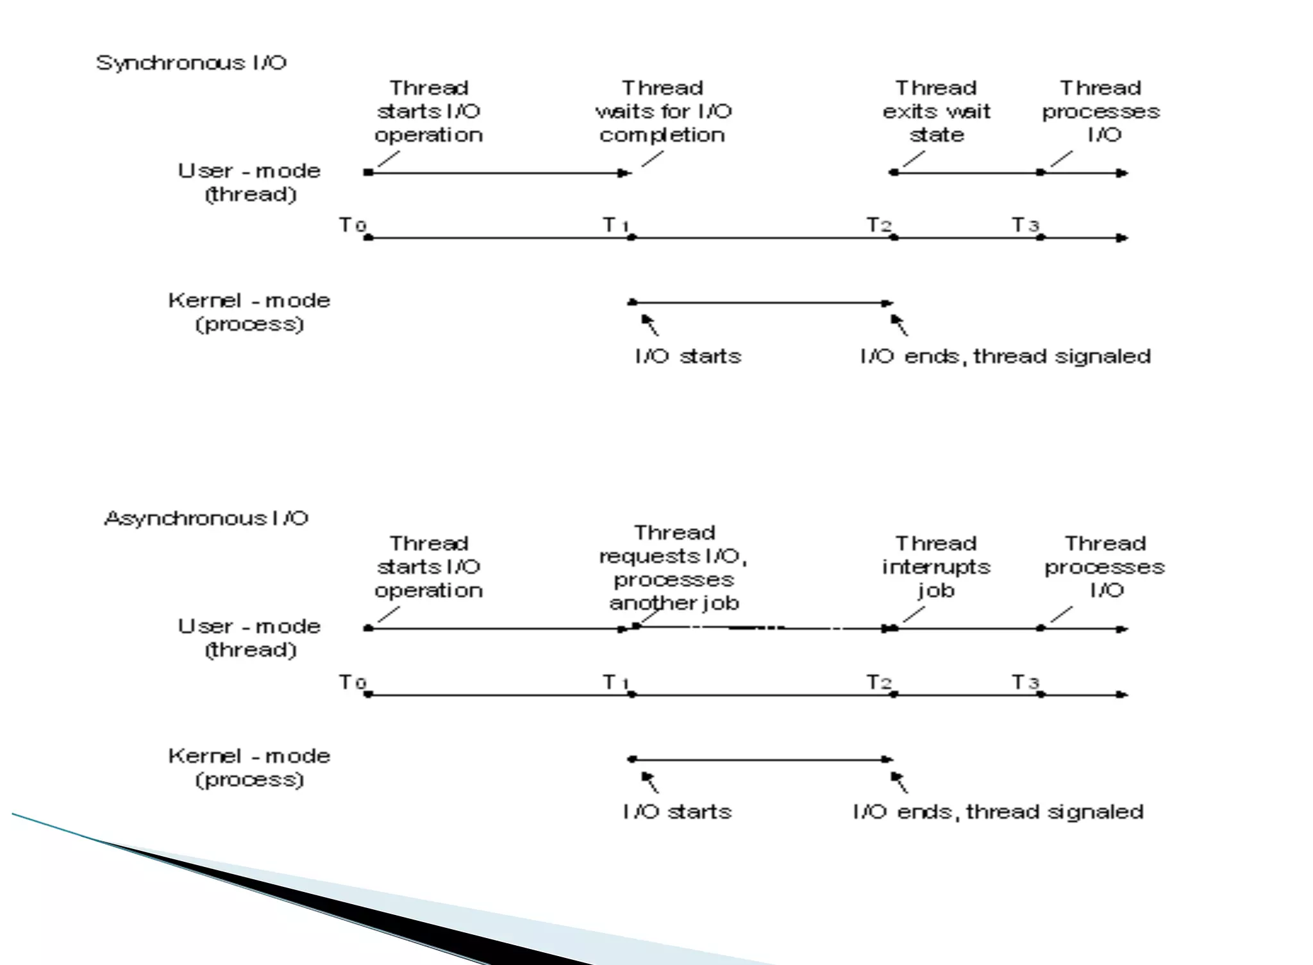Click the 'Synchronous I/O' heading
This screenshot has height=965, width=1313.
pos(191,63)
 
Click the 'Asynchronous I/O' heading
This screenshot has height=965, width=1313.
pos(206,518)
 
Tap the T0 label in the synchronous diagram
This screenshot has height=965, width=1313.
pos(352,226)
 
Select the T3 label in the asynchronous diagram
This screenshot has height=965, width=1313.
pos(1025,682)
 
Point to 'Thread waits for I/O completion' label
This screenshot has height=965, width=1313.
pos(663,111)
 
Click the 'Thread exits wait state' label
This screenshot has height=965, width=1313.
pos(936,111)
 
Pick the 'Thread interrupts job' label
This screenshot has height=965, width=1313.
pos(936,567)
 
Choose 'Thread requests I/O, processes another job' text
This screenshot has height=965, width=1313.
pos(674,568)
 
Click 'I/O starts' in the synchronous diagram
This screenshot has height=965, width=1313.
pos(688,356)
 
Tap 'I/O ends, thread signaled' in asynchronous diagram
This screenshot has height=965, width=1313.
pos(998,812)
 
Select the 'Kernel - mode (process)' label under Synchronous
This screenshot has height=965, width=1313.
pos(249,312)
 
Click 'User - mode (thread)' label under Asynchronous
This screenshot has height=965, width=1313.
pos(249,638)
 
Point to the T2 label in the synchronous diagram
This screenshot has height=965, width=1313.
pos(879,226)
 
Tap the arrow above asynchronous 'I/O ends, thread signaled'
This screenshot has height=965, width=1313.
pos(899,781)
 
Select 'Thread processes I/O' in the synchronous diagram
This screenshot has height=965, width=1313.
pos(1101,111)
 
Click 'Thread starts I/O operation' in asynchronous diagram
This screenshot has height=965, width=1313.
pos(429,567)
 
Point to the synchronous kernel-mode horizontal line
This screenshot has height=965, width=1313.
pos(760,302)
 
